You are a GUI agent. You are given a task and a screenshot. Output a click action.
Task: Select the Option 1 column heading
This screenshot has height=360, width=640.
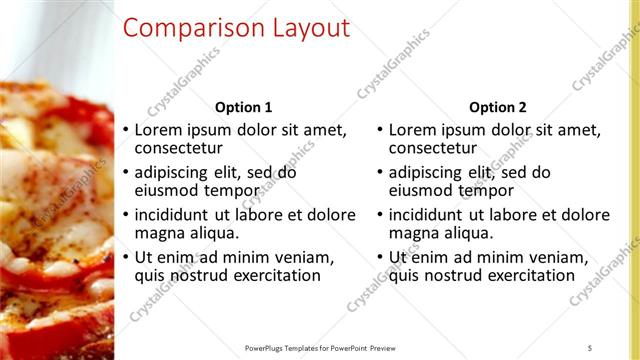point(244,107)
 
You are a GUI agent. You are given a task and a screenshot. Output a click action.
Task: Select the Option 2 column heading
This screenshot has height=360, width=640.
point(497,107)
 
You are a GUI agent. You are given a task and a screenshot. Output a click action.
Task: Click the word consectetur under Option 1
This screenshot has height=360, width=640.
point(180,149)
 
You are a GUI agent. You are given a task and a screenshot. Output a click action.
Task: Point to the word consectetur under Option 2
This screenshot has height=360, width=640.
point(434,149)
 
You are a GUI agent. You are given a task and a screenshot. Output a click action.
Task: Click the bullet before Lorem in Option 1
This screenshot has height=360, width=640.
point(125,130)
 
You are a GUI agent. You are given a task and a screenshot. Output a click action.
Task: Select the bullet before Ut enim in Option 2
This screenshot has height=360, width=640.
point(379,257)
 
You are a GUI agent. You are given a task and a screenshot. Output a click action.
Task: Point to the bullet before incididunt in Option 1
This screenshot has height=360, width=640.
point(125,214)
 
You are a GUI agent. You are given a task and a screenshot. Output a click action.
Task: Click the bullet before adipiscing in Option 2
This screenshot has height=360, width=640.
point(379,172)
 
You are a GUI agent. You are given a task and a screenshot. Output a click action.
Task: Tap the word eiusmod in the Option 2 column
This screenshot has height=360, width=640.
point(420,191)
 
